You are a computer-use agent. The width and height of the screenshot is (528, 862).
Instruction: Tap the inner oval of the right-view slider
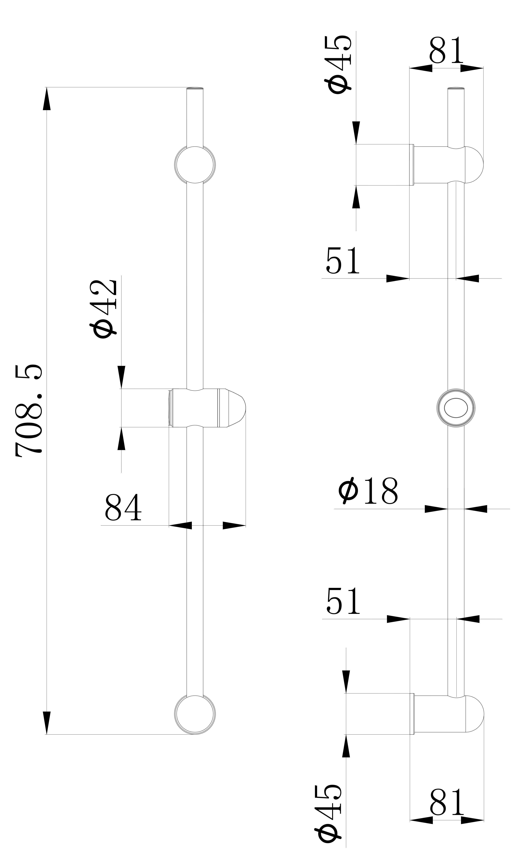[456, 408]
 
